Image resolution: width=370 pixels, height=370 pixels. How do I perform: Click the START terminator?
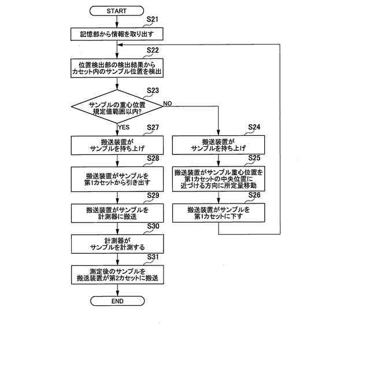point(117,11)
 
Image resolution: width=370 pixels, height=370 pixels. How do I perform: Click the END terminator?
point(117,301)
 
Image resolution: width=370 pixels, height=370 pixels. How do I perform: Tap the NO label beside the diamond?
point(168,103)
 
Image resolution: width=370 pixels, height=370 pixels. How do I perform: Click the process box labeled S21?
point(117,34)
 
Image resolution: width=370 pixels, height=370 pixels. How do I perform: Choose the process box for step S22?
point(117,69)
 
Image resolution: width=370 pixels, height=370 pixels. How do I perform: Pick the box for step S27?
point(117,145)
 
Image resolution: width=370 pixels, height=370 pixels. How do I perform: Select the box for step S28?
point(117,178)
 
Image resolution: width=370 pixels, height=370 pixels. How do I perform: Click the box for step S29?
point(117,212)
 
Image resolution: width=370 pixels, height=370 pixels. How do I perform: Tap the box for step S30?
point(117,243)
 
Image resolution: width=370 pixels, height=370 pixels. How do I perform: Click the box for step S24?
point(219,145)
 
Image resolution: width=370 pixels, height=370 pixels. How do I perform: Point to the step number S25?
point(254,158)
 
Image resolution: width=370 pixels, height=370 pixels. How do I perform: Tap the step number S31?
point(153,257)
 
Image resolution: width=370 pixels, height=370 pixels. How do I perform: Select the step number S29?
point(153,195)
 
